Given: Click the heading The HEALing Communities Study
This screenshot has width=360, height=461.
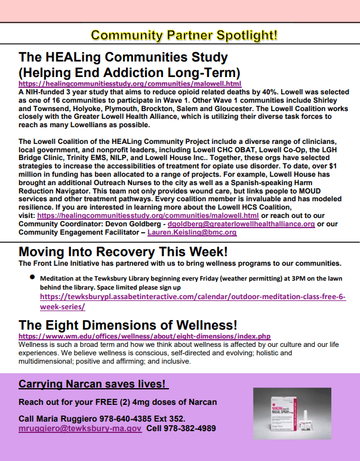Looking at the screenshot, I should point(123,57).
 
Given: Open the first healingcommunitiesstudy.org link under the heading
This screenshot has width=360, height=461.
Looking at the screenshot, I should point(130,85).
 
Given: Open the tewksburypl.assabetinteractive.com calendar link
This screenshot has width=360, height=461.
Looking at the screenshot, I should point(192,301).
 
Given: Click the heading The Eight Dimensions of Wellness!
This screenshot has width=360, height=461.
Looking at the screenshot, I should point(128,325).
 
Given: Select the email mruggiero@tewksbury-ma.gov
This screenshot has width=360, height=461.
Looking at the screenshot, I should point(80,428).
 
